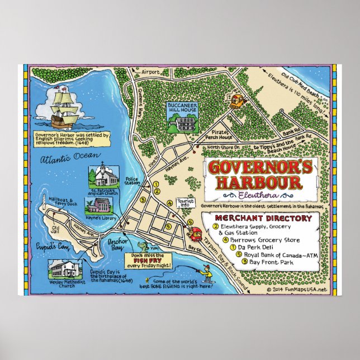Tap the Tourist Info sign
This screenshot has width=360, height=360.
[x=185, y=202]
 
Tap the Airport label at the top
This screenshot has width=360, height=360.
[x=150, y=72]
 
